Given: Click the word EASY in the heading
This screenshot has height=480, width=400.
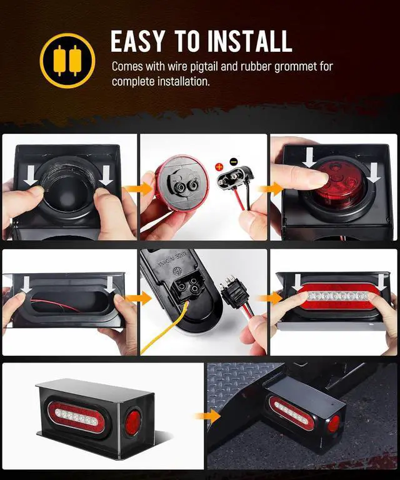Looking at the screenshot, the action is point(137,41).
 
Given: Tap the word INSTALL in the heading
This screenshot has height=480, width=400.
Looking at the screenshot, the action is point(250,41).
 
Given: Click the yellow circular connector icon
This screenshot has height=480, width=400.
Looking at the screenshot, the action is point(67,61).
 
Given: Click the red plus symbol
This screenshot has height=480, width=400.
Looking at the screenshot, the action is point(219,167).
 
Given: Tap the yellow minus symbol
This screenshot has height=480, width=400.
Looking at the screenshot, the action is point(233,161).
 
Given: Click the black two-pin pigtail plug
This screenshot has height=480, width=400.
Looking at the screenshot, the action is point(234,177).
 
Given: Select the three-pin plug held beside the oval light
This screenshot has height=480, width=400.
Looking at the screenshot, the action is point(235,290).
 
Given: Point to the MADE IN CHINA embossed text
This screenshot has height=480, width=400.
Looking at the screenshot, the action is point(172,259).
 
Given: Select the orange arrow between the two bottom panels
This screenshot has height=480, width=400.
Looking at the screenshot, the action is point(207,416).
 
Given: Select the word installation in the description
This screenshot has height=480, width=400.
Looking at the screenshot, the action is point(184,82).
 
